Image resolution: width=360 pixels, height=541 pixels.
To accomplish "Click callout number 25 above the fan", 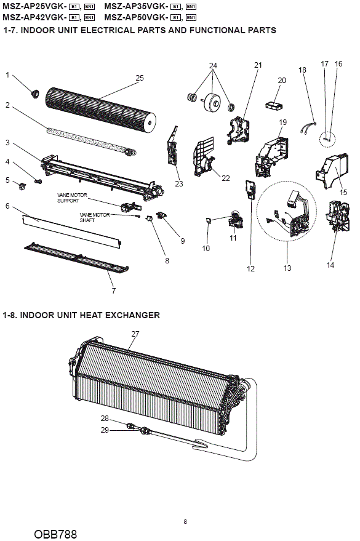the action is pos(139,78).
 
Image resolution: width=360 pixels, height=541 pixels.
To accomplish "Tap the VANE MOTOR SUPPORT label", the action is pos(72,198).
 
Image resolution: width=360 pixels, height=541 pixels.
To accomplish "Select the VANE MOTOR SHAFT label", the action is pos(95,217).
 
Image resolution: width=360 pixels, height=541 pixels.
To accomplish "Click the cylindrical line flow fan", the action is pos(100,109).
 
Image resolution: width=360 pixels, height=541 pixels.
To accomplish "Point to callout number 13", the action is pos(287,268).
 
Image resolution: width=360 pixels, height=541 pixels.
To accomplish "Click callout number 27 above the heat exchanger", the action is pos(135,334).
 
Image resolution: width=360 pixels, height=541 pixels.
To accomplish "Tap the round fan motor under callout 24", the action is pos(212,102).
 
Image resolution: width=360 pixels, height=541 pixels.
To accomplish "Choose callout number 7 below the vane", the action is pos(114,291).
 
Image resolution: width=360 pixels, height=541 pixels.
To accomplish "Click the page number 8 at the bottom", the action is pos(185,522).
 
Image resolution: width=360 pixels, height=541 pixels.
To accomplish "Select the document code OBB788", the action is pos(55,534).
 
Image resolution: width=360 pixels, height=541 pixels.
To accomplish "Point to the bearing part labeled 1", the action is pos(34,93).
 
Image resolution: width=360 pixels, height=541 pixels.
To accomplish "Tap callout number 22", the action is pos(225,178).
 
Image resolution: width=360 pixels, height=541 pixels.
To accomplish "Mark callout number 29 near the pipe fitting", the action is pos(105,430).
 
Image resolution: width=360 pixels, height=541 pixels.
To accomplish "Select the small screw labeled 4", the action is pos(39,181).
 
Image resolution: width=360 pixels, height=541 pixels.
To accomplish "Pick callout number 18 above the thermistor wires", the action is pos(302,70).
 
